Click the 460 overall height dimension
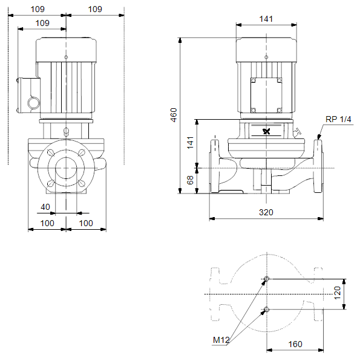174,115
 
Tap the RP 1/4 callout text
338,119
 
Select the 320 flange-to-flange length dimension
266,212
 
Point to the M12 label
221,340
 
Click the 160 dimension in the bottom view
295,344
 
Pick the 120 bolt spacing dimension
337,293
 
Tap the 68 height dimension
190,180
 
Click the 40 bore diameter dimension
45,207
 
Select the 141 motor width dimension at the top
266,19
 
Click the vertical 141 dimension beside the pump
190,143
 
